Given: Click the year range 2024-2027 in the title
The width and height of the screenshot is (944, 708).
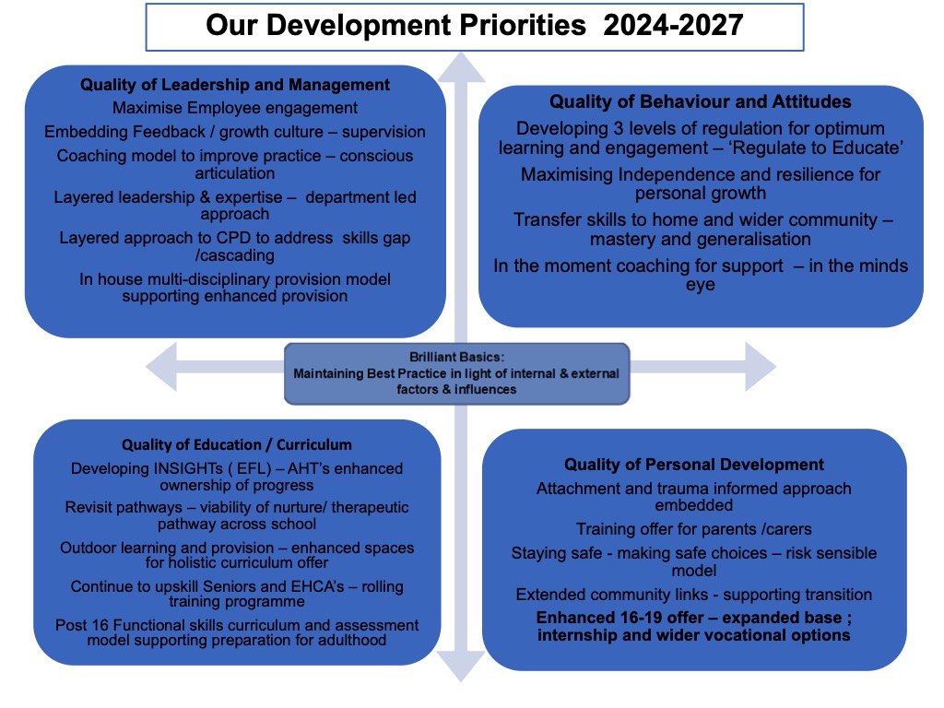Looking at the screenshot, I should [x=673, y=24].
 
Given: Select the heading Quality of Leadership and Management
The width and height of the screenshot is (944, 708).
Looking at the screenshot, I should [x=235, y=85].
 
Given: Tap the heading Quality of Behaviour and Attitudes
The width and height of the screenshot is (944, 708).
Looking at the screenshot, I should [x=701, y=101].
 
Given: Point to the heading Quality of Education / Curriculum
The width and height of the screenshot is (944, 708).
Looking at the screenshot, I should [x=237, y=444].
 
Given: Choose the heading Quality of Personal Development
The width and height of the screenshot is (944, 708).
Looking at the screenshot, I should [x=694, y=465].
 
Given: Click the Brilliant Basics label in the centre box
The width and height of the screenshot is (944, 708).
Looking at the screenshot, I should [x=455, y=357].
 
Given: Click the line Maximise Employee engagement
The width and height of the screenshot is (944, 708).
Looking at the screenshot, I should [x=235, y=108].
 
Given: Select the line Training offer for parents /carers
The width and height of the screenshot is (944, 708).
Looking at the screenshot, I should [x=694, y=529].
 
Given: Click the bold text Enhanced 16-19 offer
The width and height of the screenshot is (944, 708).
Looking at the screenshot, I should [x=619, y=617].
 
